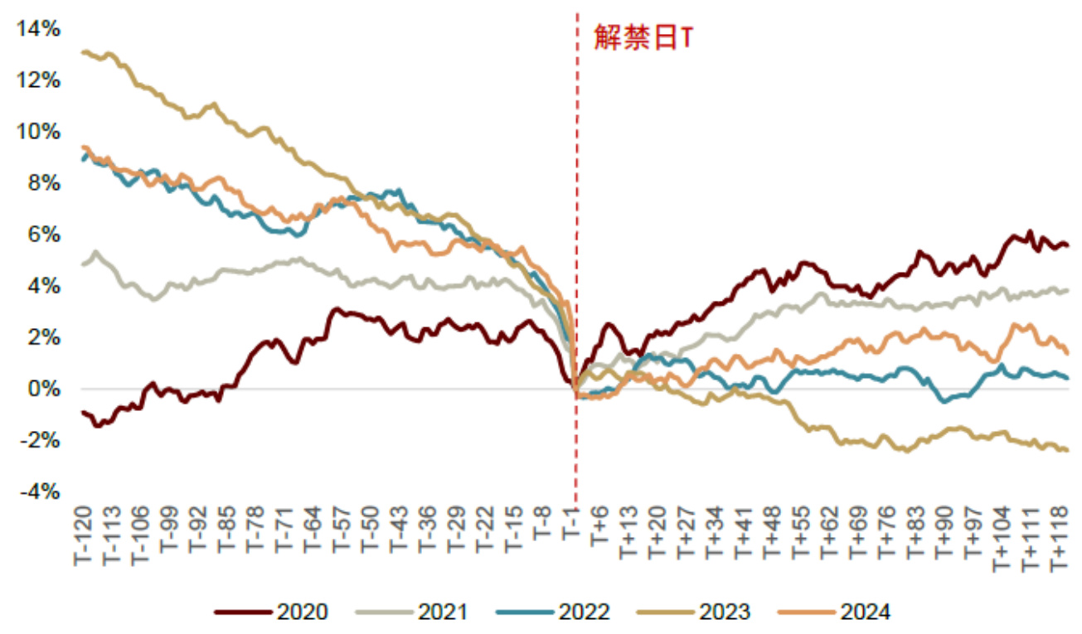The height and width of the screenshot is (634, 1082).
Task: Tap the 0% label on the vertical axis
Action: coord(46,390)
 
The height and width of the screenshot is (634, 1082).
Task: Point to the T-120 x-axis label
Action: coord(83,539)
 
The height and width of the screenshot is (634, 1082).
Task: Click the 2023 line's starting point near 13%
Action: coord(83,52)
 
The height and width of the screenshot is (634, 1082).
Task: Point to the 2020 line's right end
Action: coord(1067,245)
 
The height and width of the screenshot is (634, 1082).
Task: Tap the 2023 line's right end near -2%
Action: coord(1067,450)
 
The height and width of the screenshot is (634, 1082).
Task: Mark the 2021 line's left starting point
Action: coord(83,264)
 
